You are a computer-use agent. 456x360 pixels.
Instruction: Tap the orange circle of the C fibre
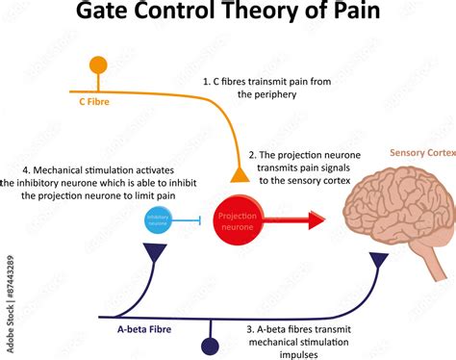click(x=98, y=66)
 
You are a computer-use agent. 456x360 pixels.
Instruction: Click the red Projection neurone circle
click(x=237, y=219)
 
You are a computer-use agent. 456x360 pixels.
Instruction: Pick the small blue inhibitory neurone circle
click(x=158, y=219)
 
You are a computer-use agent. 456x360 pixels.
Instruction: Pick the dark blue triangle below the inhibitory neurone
click(x=156, y=252)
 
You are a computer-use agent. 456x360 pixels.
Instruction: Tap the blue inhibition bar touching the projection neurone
click(x=199, y=220)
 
